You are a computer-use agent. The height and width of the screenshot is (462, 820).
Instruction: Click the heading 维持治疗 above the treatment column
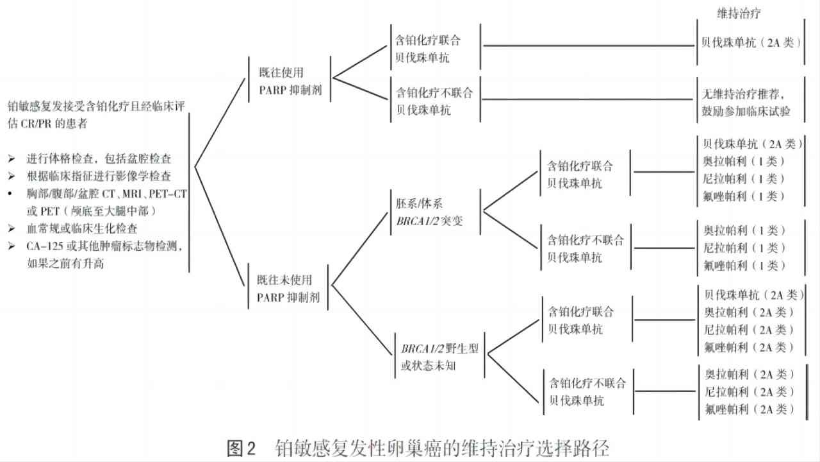tap(739, 13)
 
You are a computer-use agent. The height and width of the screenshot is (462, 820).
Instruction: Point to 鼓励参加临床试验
tap(746, 111)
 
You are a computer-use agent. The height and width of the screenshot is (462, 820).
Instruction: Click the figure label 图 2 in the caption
tap(241, 448)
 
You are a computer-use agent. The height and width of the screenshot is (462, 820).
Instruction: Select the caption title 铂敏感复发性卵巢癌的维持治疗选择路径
tap(442, 448)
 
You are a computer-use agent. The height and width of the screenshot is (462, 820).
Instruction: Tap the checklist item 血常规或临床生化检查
tap(82, 228)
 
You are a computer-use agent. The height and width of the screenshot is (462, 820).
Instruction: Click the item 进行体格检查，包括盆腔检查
tap(99, 158)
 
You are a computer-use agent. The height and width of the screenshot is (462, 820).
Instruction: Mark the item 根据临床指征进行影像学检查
tap(99, 176)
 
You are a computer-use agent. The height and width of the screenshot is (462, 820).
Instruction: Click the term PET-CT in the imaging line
tap(168, 194)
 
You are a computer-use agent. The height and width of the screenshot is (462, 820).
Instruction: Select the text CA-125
tap(45, 246)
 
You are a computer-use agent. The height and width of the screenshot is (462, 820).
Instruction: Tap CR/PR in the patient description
tap(36, 124)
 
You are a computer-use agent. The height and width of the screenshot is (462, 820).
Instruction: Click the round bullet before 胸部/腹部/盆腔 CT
tap(10, 194)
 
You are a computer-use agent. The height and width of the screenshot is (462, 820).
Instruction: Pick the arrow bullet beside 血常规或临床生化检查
tap(12, 228)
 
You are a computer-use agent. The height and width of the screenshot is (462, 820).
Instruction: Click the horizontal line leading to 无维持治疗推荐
tap(587, 99)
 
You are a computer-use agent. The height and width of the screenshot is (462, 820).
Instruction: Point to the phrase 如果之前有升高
tap(65, 263)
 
